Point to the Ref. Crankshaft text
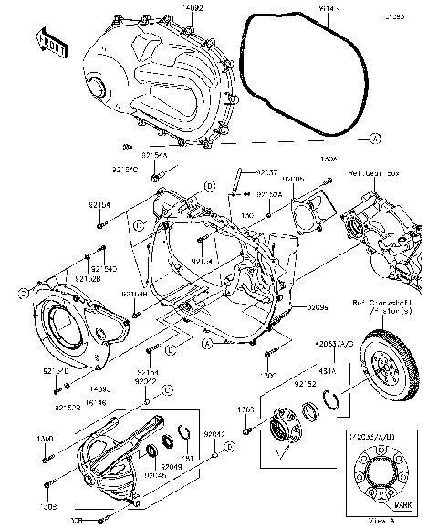386,302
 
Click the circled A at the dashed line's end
374,139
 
